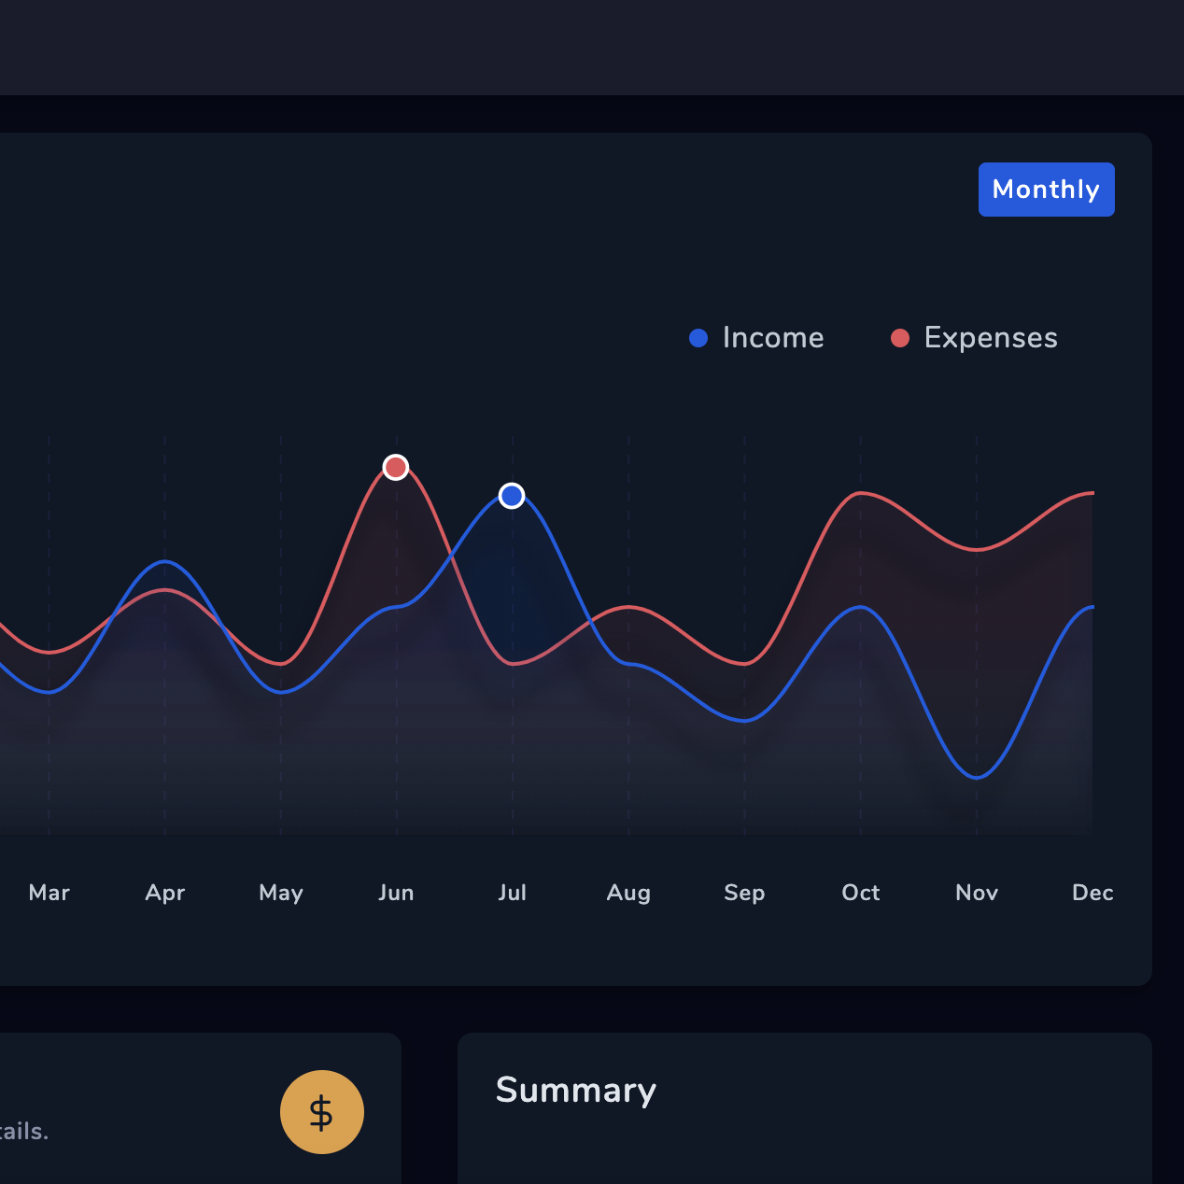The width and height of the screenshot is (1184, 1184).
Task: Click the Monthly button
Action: (1046, 190)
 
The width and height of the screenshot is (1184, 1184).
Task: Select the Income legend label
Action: (773, 338)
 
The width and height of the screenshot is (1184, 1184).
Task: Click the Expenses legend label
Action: (991, 338)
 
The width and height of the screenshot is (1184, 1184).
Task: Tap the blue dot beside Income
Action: (698, 338)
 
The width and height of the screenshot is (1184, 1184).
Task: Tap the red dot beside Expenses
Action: (900, 338)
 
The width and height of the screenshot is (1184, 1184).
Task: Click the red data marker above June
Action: (396, 467)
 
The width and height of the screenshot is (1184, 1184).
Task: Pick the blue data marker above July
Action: (512, 496)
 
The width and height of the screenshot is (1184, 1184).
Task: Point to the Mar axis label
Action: (49, 893)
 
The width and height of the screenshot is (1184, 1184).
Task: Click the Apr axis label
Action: (165, 893)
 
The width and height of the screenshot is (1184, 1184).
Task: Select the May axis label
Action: (281, 893)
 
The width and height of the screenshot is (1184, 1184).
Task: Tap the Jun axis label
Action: (396, 893)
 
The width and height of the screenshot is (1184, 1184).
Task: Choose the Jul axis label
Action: (513, 893)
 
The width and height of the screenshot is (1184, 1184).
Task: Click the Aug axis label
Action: (628, 893)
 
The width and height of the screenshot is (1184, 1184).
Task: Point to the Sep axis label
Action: (744, 893)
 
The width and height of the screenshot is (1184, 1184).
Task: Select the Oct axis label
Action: (861, 893)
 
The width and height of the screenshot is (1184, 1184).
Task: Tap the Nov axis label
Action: (977, 893)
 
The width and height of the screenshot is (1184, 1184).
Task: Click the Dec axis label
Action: (1092, 893)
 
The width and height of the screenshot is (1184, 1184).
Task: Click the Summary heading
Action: (576, 1091)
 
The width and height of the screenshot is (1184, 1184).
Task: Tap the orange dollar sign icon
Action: (322, 1112)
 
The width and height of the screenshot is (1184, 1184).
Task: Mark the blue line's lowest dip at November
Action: (977, 777)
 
